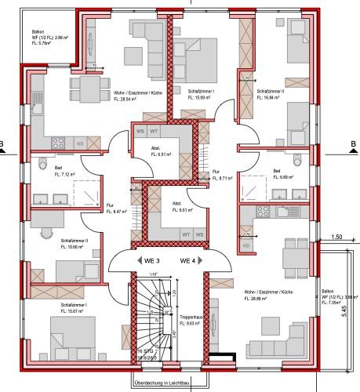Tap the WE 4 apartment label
click(190, 260)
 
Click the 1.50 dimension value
click(337, 237)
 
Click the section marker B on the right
click(353, 143)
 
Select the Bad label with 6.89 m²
click(277, 171)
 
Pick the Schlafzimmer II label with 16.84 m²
click(271, 92)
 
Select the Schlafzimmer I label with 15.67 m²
click(72, 303)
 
